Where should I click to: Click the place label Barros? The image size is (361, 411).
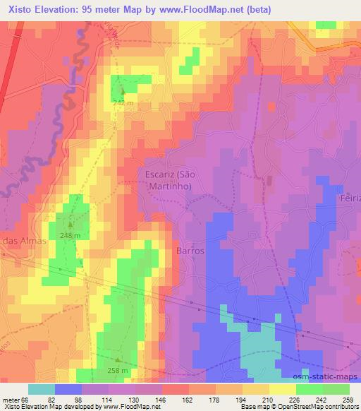point(190,251)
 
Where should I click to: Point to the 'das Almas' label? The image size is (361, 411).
point(23,240)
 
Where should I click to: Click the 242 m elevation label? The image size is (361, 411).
point(123,103)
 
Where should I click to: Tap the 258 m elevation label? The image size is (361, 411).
point(118,370)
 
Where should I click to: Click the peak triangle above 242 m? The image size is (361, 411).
point(122,92)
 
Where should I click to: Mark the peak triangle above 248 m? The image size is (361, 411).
point(70,225)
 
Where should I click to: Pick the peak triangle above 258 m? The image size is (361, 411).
point(117,359)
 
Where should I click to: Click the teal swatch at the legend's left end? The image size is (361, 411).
point(41,389)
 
